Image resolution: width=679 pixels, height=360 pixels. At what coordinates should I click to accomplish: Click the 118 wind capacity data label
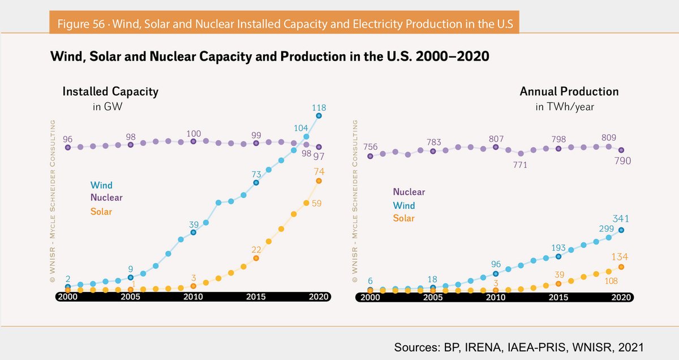point(319,108)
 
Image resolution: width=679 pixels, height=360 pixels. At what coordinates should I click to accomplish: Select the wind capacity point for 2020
point(319,115)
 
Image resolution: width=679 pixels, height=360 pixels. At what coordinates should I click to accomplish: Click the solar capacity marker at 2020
point(319,181)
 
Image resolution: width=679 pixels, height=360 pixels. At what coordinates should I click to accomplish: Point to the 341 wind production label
point(621,218)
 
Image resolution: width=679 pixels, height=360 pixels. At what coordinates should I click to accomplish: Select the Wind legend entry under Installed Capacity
point(101,185)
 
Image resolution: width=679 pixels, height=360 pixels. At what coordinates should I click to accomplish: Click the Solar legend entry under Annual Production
point(404,218)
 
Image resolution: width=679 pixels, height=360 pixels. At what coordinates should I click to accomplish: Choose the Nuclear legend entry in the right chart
point(409,192)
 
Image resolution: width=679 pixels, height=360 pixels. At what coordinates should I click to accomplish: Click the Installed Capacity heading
point(110,92)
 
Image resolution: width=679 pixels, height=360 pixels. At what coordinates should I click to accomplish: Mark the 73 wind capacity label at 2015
point(256,173)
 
